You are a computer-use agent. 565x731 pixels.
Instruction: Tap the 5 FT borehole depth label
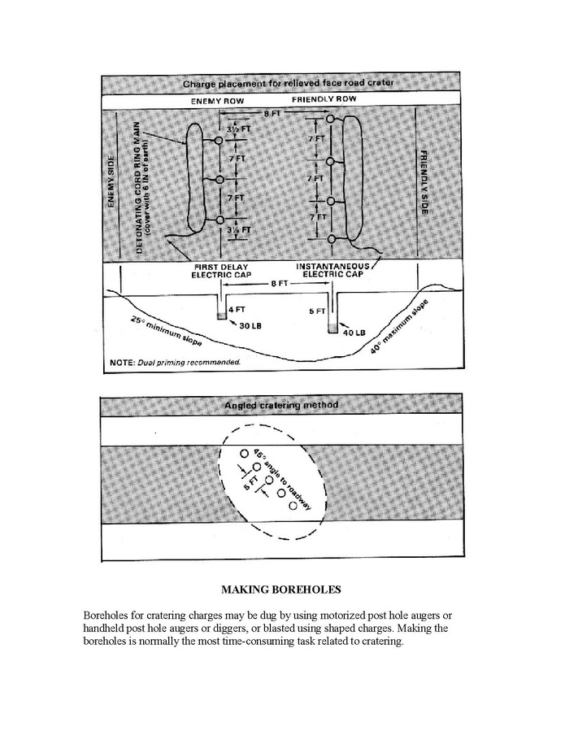pyautogui.click(x=319, y=311)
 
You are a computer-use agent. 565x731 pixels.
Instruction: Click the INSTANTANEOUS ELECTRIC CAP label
pyautogui.click(x=333, y=271)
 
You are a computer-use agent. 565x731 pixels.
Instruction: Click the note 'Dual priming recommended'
pyautogui.click(x=176, y=361)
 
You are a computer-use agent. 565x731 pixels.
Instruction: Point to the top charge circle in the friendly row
pyautogui.click(x=330, y=120)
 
